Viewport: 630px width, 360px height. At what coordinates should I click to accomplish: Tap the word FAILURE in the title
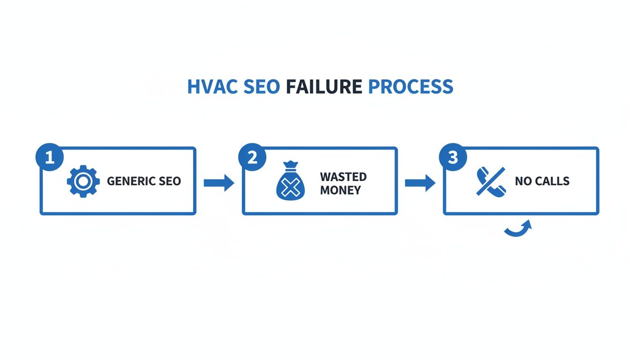pyautogui.click(x=324, y=87)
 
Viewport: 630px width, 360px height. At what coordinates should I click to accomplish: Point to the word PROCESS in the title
pyautogui.click(x=411, y=87)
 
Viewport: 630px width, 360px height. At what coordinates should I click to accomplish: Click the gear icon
pyautogui.click(x=83, y=181)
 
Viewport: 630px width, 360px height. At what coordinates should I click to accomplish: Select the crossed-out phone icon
pyautogui.click(x=491, y=181)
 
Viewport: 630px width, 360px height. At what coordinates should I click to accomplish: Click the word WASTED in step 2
pyautogui.click(x=343, y=177)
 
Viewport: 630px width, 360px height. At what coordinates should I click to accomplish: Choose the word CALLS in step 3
pyautogui.click(x=552, y=181)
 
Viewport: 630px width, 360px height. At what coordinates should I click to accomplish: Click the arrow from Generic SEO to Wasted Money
pyautogui.click(x=219, y=182)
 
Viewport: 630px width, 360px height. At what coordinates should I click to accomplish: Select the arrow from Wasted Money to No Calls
pyautogui.click(x=420, y=182)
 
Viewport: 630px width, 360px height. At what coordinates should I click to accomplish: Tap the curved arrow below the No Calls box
pyautogui.click(x=518, y=229)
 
